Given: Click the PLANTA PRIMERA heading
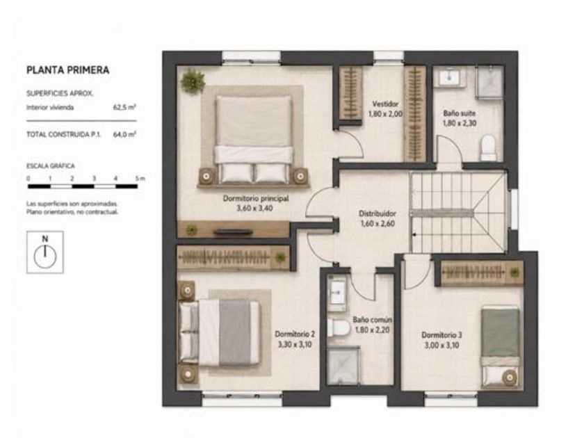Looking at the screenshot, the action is pyautogui.click(x=68, y=70).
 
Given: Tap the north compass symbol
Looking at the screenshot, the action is pyautogui.click(x=45, y=252).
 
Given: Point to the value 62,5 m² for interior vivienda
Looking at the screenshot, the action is pyautogui.click(x=124, y=108).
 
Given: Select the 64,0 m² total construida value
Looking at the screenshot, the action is pyautogui.click(x=124, y=134).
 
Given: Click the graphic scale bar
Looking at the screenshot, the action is pyautogui.click(x=83, y=186).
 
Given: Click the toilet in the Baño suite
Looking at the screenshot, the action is pyautogui.click(x=488, y=148).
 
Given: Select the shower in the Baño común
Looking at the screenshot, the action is pyautogui.click(x=343, y=366).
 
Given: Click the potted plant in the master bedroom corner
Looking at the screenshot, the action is pyautogui.click(x=193, y=81).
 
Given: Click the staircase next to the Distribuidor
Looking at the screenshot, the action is pyautogui.click(x=457, y=213).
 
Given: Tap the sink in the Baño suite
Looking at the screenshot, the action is pyautogui.click(x=450, y=77).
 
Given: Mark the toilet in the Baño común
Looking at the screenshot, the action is pyautogui.click(x=338, y=327).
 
